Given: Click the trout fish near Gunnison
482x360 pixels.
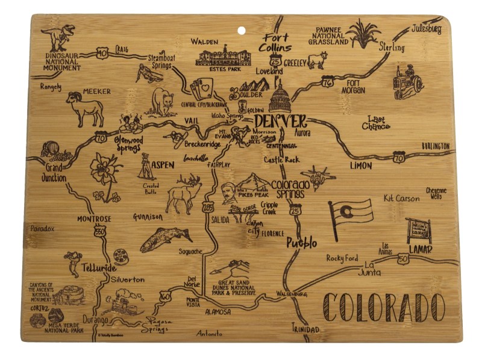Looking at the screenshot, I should click(165, 238).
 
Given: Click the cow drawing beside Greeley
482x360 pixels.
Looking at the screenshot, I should click(317, 60).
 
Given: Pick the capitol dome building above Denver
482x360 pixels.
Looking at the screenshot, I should click(280, 96).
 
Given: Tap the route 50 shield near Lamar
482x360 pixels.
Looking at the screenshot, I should click(403, 258).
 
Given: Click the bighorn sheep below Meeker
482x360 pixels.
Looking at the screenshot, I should click(86, 108).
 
